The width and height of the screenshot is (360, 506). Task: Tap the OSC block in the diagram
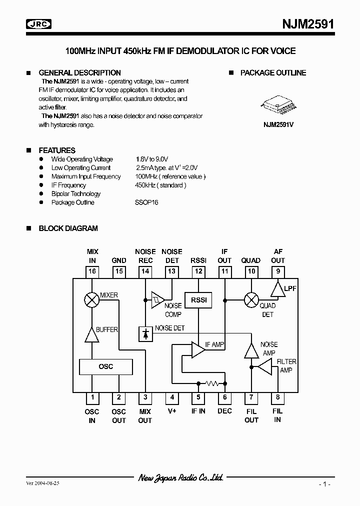(x=106, y=366)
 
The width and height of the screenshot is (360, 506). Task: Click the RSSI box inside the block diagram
(x=198, y=300)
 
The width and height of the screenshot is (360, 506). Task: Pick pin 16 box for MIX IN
(x=92, y=271)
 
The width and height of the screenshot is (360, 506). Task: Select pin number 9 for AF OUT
(x=277, y=271)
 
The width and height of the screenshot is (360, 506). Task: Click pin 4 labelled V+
(x=172, y=397)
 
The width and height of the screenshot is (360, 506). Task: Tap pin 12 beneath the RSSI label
(x=198, y=271)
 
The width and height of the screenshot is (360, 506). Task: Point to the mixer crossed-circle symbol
(x=92, y=300)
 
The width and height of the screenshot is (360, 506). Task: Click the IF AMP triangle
(x=198, y=349)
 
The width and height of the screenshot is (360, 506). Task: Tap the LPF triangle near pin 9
(x=277, y=288)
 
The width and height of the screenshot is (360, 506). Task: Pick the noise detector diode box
(x=145, y=334)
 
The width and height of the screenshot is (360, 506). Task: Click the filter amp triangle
(x=264, y=368)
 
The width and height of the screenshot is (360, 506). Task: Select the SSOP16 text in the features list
(x=146, y=202)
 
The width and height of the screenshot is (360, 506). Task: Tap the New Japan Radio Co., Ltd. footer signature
(x=180, y=478)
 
